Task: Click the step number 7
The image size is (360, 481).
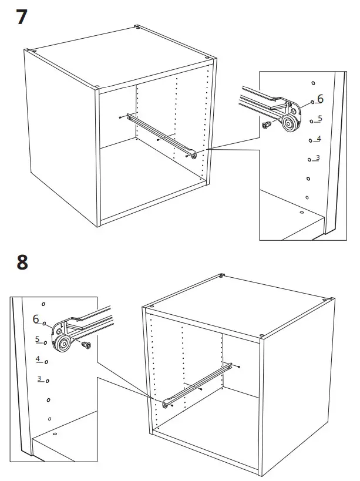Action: pyautogui.click(x=22, y=16)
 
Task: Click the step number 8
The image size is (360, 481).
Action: pyautogui.click(x=22, y=261)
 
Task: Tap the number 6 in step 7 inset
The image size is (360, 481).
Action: pyautogui.click(x=320, y=99)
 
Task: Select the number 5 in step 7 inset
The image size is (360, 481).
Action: pyautogui.click(x=319, y=118)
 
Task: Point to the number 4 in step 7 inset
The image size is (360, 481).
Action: pyautogui.click(x=318, y=139)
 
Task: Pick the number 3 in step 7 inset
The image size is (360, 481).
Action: pyautogui.click(x=317, y=157)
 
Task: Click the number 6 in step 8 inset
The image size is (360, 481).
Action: pyautogui.click(x=36, y=319)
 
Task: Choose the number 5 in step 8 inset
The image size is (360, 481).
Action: pyautogui.click(x=37, y=339)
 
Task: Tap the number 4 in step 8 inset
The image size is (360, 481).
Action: pyautogui.click(x=38, y=359)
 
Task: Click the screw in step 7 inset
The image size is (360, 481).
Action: pyautogui.click(x=268, y=125)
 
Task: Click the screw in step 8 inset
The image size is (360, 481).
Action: pyautogui.click(x=86, y=345)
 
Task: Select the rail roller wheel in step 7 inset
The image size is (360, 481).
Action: pyautogui.click(x=287, y=122)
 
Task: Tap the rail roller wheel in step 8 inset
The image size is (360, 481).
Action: pyautogui.click(x=63, y=343)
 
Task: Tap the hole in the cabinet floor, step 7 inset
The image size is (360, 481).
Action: pyautogui.click(x=301, y=212)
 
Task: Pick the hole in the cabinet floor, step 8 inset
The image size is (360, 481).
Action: pyautogui.click(x=54, y=434)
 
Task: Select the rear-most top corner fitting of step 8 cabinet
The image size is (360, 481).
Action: pyautogui.click(x=223, y=275)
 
